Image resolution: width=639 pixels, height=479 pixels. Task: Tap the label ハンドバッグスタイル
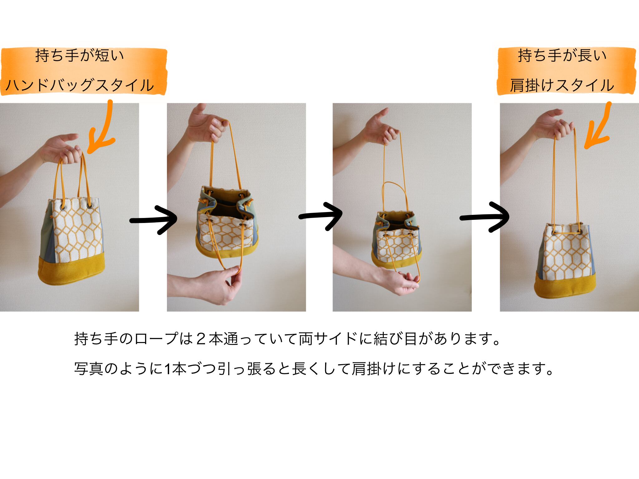tap(80, 85)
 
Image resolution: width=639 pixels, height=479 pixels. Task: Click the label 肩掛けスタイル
tap(562, 85)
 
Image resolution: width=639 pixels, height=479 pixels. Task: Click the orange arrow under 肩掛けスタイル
tap(598, 126)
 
